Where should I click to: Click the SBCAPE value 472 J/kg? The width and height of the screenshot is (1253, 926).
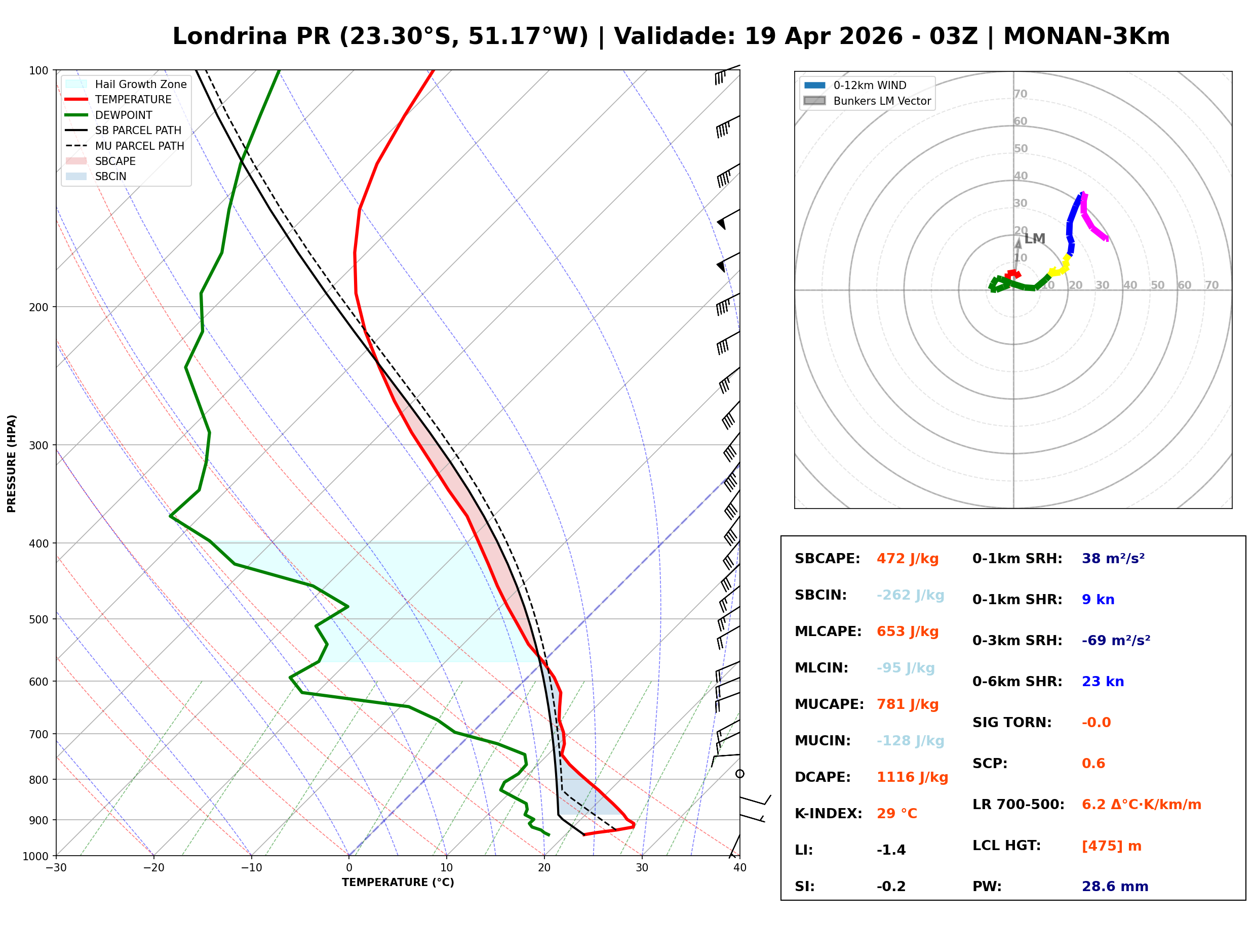tap(907, 559)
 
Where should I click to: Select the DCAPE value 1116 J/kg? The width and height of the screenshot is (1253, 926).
tap(912, 777)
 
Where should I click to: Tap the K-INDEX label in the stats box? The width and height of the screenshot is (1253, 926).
tap(828, 814)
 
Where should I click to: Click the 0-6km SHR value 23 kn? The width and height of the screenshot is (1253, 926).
tap(1103, 682)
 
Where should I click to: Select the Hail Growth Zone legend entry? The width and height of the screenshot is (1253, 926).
tap(140, 84)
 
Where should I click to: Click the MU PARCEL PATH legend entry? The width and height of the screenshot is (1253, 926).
tap(139, 146)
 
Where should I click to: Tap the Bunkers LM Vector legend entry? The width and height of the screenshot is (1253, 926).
tap(882, 101)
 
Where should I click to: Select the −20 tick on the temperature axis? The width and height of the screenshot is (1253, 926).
tap(153, 868)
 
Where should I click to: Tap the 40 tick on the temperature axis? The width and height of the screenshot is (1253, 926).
tap(739, 868)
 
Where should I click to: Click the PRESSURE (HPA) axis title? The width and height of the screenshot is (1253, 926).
tap(12, 463)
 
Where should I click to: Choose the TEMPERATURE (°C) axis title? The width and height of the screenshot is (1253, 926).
tap(398, 883)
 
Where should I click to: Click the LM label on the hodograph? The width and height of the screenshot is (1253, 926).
tap(1034, 239)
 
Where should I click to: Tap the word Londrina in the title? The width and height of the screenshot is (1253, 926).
tap(230, 36)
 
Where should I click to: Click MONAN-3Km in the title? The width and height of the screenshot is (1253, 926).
tap(1086, 36)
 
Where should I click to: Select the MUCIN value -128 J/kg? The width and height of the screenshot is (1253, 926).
tap(910, 741)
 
